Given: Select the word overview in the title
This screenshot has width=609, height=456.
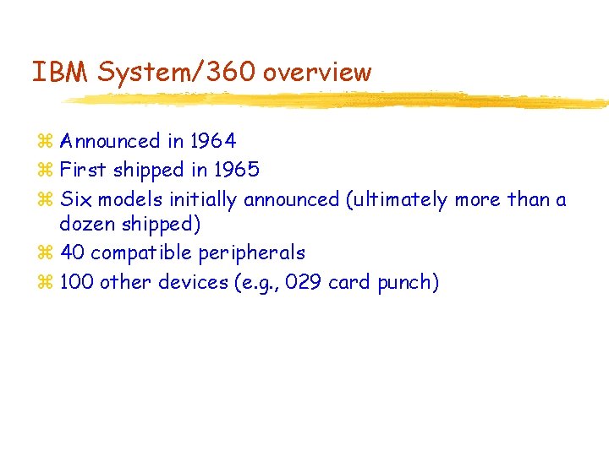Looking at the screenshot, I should (x=317, y=73).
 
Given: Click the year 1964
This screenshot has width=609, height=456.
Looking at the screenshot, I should (x=214, y=141).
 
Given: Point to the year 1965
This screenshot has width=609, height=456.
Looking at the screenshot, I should (x=236, y=170).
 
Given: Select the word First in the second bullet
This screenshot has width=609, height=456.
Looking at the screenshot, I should (x=83, y=170).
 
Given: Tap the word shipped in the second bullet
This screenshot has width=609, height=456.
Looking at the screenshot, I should (x=149, y=170).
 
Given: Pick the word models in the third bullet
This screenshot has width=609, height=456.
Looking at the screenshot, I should (x=133, y=199).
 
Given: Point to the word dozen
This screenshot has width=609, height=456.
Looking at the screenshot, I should (x=87, y=225).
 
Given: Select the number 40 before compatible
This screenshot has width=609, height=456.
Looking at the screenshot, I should (x=73, y=252).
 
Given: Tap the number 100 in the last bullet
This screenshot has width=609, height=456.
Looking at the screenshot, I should (x=77, y=282).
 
